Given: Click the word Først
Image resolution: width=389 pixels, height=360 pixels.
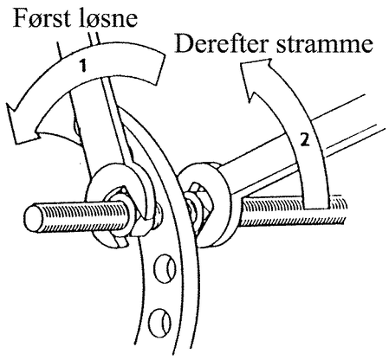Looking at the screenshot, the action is pos(41,18).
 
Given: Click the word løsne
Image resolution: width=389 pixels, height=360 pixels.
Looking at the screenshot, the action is pos(106,18).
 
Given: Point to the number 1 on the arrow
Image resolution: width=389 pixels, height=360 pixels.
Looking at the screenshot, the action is pos(83,66).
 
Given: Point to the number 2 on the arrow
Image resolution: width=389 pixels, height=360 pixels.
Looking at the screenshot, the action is pos(305,140).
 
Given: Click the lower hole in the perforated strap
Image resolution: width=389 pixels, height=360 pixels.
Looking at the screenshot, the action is pos(160,323).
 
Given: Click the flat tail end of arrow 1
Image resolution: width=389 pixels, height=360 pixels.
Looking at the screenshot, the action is pos(161,69).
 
